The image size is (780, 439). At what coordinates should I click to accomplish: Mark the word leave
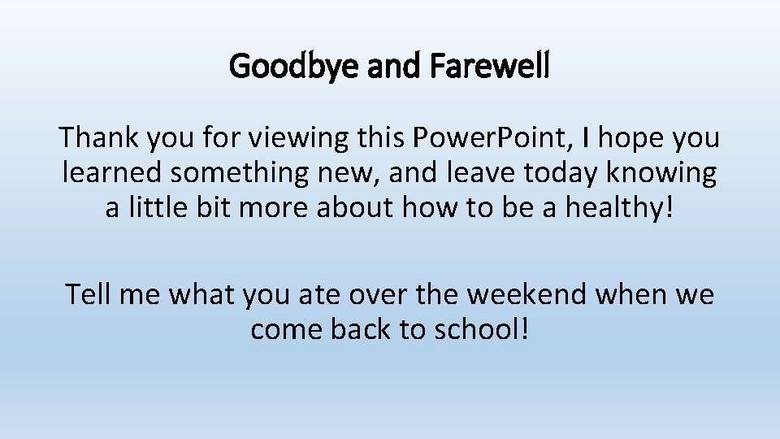tap(471, 172)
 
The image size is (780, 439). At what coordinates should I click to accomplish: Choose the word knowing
tap(671, 174)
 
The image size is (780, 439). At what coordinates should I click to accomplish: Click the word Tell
tap(89, 293)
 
